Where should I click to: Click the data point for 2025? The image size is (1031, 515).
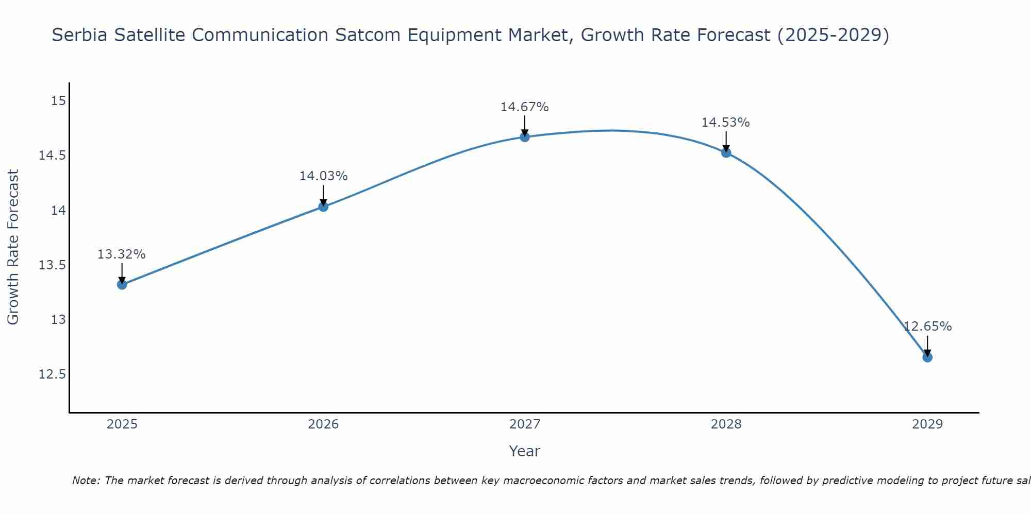pyautogui.click(x=122, y=284)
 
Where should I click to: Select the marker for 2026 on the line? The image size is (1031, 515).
pyautogui.click(x=323, y=207)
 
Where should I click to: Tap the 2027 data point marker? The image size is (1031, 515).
pyautogui.click(x=525, y=136)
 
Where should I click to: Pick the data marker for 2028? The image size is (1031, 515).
pyautogui.click(x=726, y=152)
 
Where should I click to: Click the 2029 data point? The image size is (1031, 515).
pyautogui.click(x=927, y=357)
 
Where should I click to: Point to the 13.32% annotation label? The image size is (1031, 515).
pyautogui.click(x=122, y=254)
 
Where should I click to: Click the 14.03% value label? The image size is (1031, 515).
pyautogui.click(x=323, y=176)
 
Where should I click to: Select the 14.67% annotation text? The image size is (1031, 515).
pyautogui.click(x=524, y=107)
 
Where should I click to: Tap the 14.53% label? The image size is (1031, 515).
pyautogui.click(x=725, y=123)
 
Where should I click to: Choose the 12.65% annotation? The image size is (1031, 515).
pyautogui.click(x=927, y=327)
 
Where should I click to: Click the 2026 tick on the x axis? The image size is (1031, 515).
pyautogui.click(x=323, y=424)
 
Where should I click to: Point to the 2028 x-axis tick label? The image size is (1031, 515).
pyautogui.click(x=726, y=424)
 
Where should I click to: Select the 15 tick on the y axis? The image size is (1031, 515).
pyautogui.click(x=58, y=100)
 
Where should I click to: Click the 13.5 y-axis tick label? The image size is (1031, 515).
pyautogui.click(x=53, y=265)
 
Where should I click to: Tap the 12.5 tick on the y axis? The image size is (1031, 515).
pyautogui.click(x=53, y=374)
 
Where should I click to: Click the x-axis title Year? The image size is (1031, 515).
pyautogui.click(x=524, y=451)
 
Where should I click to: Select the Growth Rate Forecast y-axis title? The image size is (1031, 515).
pyautogui.click(x=13, y=247)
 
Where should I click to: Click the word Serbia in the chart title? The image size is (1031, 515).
pyautogui.click(x=79, y=35)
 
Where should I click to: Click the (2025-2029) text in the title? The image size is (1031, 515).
pyautogui.click(x=833, y=35)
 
